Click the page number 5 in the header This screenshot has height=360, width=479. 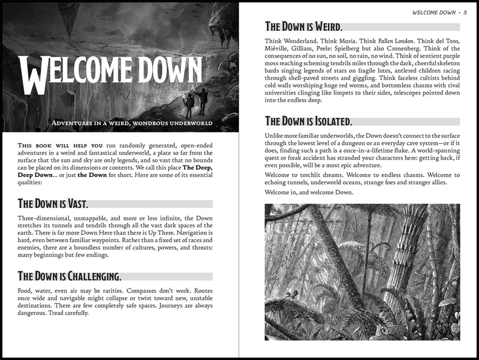(465, 12)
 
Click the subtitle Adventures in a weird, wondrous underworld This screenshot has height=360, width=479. (132, 123)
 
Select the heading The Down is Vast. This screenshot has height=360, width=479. (53, 203)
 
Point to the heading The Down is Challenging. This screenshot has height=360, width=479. (69, 276)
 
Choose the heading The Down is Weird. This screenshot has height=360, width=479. (304, 27)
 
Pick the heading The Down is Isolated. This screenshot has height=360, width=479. (308, 121)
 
